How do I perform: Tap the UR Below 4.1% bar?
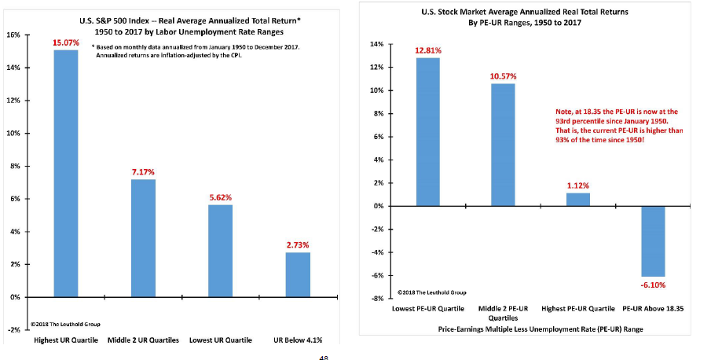coord(297,274)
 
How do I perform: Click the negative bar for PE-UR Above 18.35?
coord(654,241)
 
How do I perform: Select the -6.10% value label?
coord(654,284)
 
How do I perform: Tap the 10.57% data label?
coord(504,75)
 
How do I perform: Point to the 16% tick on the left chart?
coord(13,35)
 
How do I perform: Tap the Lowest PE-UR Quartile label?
coord(429,308)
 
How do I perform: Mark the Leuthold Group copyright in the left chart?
coord(65,324)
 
